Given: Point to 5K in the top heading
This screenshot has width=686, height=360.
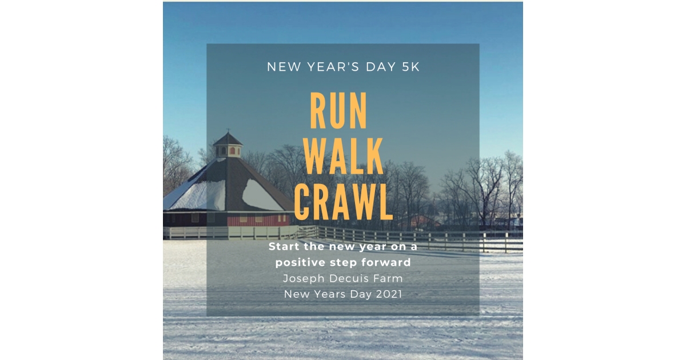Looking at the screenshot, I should tap(406, 67).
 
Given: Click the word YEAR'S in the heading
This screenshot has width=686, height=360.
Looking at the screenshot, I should tap(331, 67).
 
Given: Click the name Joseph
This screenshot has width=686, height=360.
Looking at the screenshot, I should tap(304, 279).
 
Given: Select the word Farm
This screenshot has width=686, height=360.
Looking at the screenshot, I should tap(389, 279).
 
